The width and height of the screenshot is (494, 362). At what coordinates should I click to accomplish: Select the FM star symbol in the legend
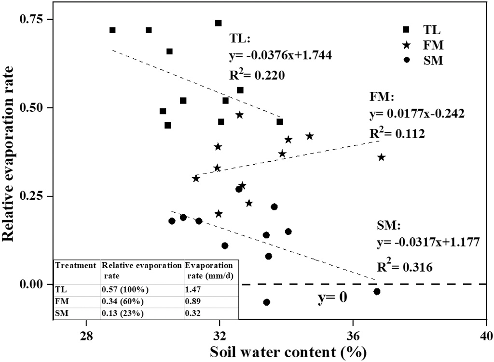407,45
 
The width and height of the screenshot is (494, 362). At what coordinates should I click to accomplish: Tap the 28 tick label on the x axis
87,335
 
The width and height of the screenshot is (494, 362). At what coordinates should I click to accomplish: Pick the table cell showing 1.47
194,290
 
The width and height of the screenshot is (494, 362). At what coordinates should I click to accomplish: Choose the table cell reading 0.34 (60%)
124,301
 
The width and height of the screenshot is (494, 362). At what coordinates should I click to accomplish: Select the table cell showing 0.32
194,312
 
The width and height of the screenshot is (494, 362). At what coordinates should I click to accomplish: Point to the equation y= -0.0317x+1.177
428,242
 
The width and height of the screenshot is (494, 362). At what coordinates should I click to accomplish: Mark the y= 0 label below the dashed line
332,298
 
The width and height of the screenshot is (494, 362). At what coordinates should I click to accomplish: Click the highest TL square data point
218,23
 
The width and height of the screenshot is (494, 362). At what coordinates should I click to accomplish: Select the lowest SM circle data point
267,302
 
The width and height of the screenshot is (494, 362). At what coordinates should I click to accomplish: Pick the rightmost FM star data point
382,157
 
